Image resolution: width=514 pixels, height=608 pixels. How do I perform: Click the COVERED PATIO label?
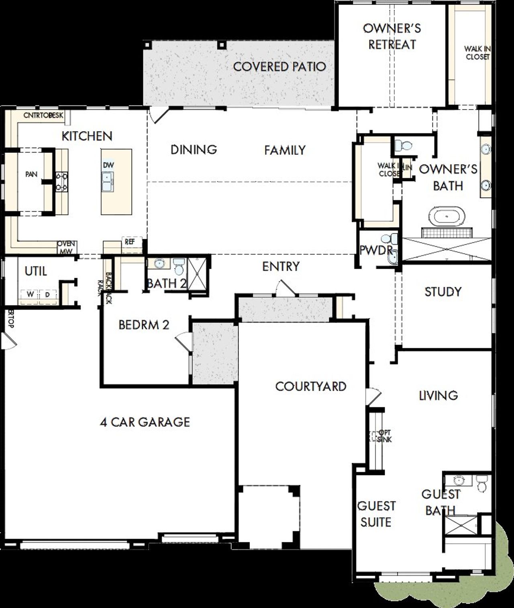pos(279,67)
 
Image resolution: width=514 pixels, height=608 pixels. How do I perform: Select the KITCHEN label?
pos(87,136)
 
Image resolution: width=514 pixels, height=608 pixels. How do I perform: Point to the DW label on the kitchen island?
pos(108,165)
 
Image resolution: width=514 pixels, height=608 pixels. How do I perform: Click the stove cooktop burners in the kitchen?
pos(61,181)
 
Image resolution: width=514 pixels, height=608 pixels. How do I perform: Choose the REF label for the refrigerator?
pos(130,242)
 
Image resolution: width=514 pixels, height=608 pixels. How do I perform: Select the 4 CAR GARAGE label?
pos(145,422)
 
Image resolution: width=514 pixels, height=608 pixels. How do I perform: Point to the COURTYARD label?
pos(311,387)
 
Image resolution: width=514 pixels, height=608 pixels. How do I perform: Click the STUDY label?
pos(443,292)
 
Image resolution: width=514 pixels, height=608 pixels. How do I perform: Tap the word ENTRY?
pos(281,266)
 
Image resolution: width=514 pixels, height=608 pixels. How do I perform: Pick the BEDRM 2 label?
pos(144,325)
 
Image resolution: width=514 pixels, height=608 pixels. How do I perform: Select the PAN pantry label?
pos(31,174)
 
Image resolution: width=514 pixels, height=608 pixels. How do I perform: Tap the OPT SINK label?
pos(385,436)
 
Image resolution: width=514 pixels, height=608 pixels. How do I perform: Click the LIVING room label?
pos(438,396)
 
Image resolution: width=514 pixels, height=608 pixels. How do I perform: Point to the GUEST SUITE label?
pos(376,514)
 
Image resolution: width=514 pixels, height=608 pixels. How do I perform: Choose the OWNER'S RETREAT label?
pos(392,36)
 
